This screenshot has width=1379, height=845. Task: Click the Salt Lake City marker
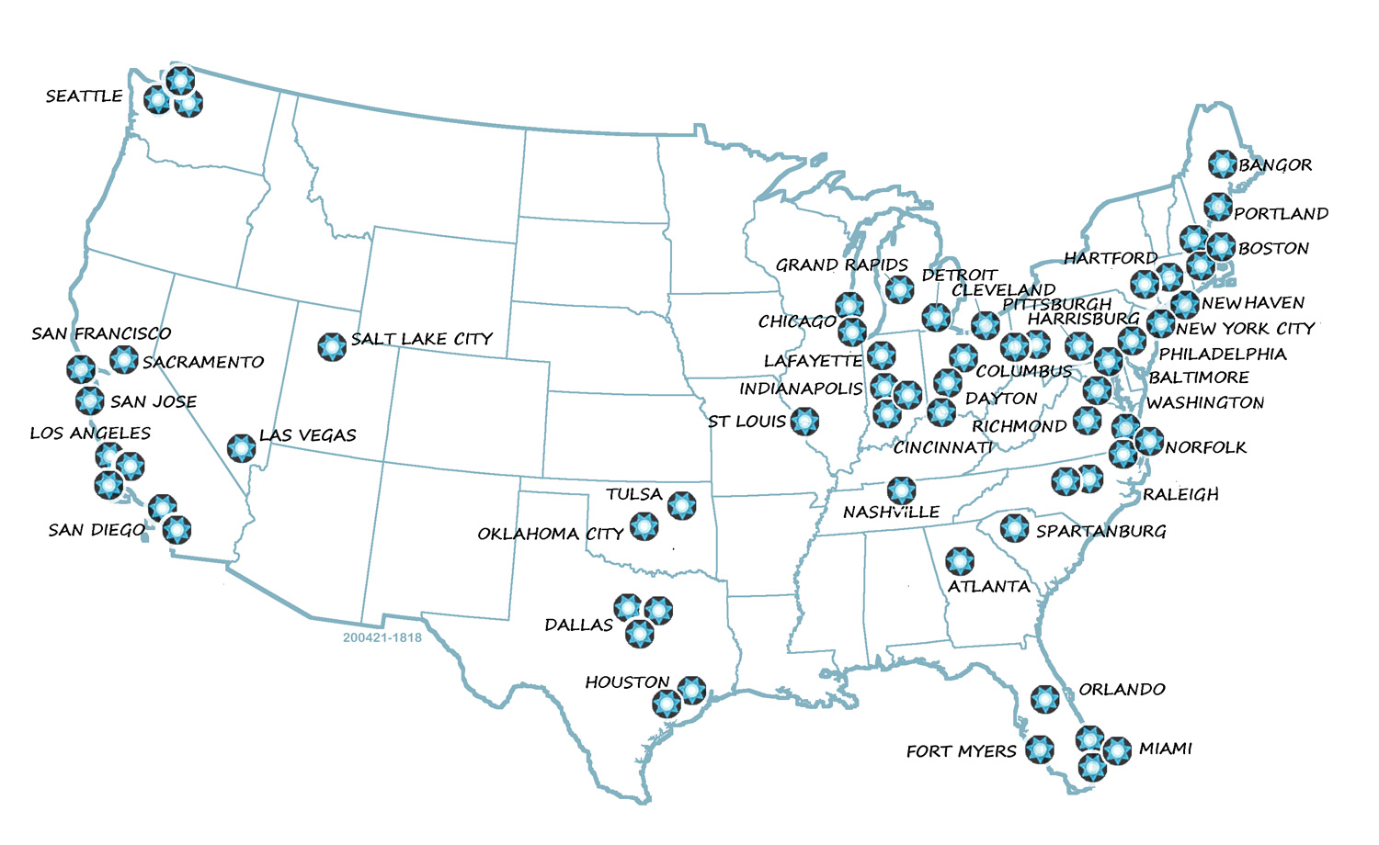332,346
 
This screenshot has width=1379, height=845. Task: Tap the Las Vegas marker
241,447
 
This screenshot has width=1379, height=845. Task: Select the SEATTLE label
84,96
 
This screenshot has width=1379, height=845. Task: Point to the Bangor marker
1222,163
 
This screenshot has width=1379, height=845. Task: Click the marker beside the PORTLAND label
1217,207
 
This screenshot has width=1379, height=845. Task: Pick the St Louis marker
804,422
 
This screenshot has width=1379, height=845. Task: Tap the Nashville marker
901,490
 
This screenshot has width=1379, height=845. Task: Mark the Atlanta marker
960,561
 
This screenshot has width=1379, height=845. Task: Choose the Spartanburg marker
1014,527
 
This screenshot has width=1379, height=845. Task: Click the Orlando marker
1044,699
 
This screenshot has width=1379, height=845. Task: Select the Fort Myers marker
1040,749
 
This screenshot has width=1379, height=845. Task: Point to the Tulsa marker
681,504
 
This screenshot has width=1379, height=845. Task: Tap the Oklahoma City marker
644,526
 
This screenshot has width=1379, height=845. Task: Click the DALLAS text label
578,625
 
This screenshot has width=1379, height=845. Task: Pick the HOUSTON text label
627,682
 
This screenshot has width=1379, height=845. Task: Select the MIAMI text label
1165,749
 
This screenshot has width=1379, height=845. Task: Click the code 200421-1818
382,637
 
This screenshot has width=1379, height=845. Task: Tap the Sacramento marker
124,359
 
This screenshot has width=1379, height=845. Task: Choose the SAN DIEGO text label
97,530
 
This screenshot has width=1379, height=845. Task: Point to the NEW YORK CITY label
1245,328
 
